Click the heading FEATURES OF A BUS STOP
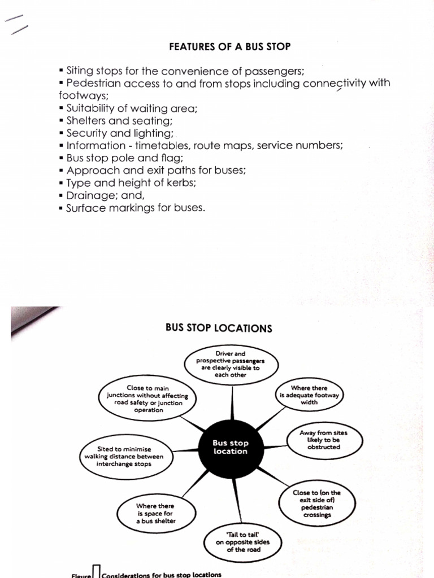coord(229,47)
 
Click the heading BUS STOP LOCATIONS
coord(219,329)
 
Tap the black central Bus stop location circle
coord(231,447)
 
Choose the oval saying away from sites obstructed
coord(324,440)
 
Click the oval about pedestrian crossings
coord(316,503)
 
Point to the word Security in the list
coord(87,133)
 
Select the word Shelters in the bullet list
coord(86,120)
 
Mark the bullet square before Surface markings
coord(60,208)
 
